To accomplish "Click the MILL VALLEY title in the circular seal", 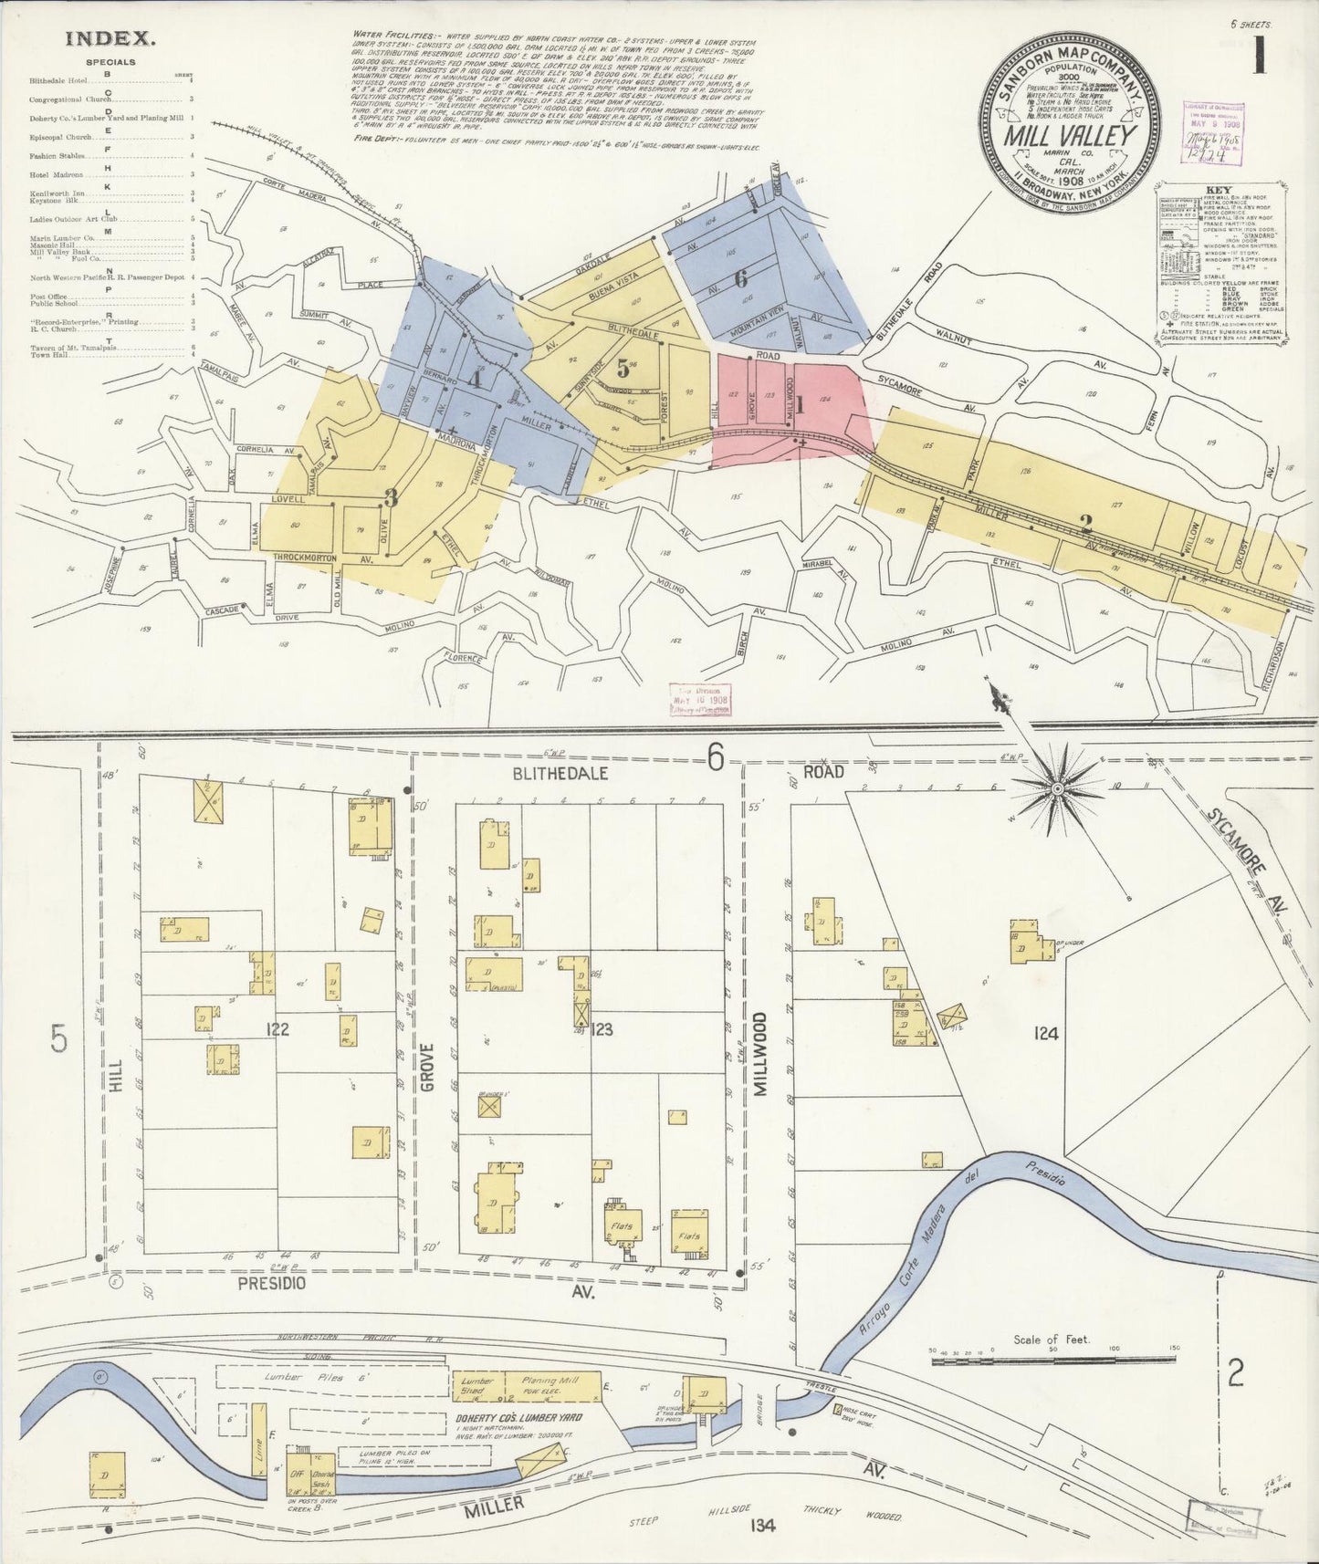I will tap(1071, 135).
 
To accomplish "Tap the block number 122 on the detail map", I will tap(277, 1029).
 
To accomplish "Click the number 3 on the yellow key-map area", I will tap(391, 498).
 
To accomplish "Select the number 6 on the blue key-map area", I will tap(740, 280).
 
